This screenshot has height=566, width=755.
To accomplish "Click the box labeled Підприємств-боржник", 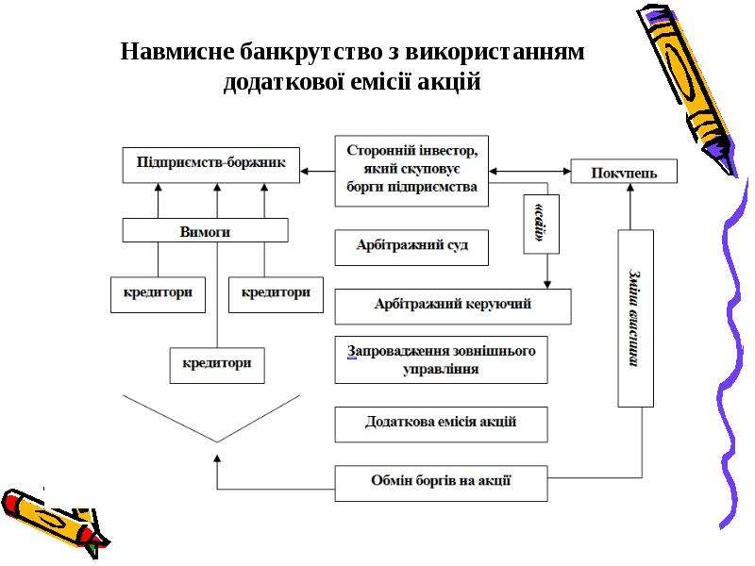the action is [x=210, y=165].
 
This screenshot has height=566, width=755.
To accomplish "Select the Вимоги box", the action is [x=205, y=230].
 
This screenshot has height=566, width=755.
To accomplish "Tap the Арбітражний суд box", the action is [x=411, y=247].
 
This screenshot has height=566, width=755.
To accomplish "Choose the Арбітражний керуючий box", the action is [x=453, y=307].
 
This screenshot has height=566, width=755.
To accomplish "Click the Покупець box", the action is [x=624, y=171].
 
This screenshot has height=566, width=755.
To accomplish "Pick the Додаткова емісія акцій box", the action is [x=441, y=424].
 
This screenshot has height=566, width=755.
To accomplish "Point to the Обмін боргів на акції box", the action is [x=441, y=483].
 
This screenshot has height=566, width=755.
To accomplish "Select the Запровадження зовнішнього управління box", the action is [x=441, y=359].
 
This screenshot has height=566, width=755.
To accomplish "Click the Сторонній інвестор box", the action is [x=411, y=171].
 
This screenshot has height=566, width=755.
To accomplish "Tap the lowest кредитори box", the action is [x=217, y=365].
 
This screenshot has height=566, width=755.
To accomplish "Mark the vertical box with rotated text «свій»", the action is [x=541, y=224].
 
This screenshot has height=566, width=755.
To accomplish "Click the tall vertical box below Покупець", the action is [x=635, y=318].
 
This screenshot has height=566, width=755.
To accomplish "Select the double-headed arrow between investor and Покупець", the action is [x=529, y=171].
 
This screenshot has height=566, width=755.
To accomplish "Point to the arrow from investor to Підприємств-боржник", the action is [x=317, y=171].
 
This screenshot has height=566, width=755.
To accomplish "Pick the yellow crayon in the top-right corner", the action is [x=688, y=89].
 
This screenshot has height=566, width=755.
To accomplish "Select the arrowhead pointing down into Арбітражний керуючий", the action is [x=547, y=285].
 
